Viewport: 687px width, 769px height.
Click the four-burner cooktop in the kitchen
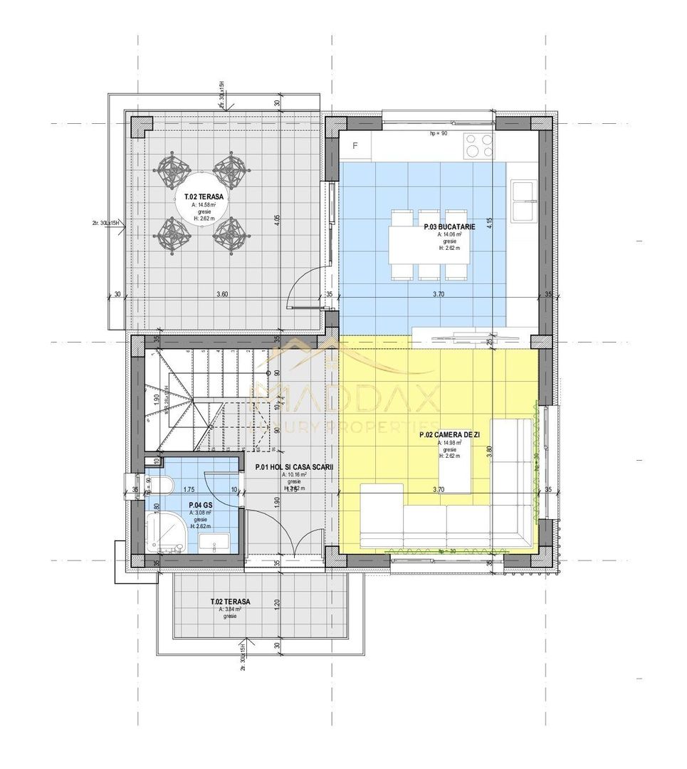click(x=478, y=147)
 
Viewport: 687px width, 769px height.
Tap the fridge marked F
click(x=356, y=147)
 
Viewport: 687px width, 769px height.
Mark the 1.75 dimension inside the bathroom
click(x=189, y=490)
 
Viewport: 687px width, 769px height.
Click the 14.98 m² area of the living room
click(x=449, y=443)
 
